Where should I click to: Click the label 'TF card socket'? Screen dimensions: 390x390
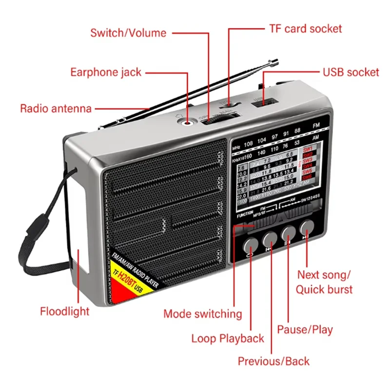coord(306,29)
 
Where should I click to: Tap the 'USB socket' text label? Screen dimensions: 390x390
coord(351,73)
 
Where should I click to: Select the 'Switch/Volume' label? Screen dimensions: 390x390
coord(128,33)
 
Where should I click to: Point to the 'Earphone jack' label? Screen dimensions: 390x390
coord(106,73)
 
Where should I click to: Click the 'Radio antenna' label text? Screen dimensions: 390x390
coord(56,108)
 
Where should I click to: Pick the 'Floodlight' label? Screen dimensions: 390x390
coord(65,311)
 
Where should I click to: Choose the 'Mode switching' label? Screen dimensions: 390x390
coord(202,314)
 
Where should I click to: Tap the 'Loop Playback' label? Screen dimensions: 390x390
coord(228,338)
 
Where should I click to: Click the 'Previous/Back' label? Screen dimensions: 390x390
coord(273,361)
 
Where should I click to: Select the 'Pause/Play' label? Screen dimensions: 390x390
coord(305,330)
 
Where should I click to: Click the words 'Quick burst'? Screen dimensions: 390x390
coord(324,289)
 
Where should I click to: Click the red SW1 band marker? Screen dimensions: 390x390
coord(308,149)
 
